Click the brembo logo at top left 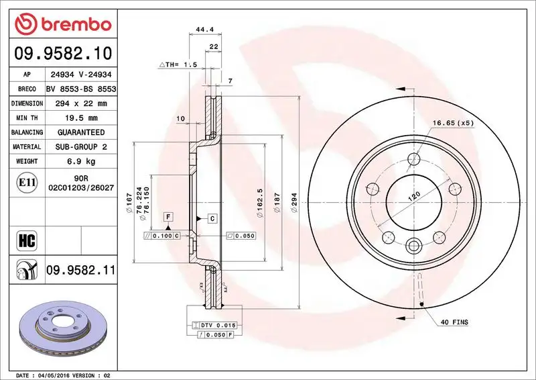[x=61, y=24]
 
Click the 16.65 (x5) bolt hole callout [x=453, y=123]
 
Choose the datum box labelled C [x=211, y=218]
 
